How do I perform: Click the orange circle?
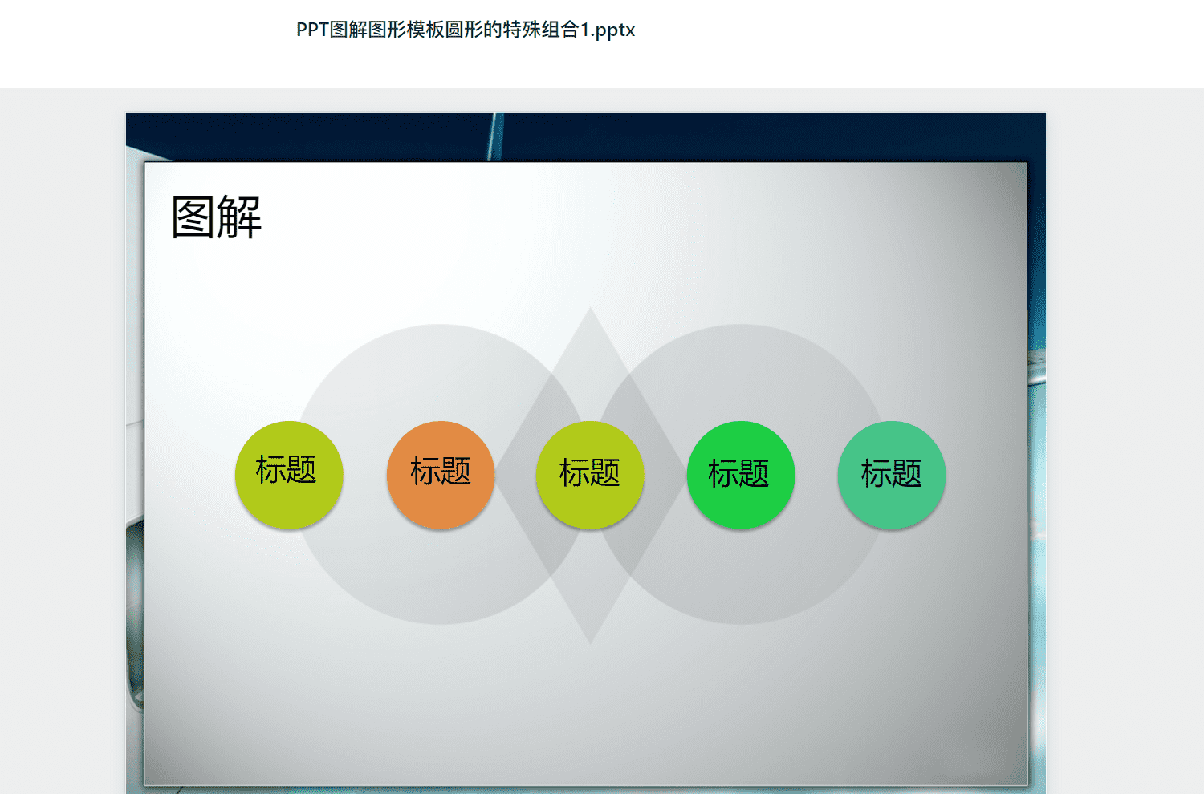(x=440, y=475)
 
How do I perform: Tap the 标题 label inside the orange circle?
(x=440, y=471)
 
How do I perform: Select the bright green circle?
(x=741, y=475)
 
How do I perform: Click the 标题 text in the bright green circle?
(x=738, y=473)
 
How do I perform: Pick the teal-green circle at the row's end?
(x=892, y=475)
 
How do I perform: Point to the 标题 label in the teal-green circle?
(x=891, y=473)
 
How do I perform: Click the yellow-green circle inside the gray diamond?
(x=590, y=475)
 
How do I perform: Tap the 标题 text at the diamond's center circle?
(x=590, y=472)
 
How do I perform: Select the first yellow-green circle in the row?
(x=289, y=475)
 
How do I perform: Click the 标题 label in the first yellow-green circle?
(x=286, y=469)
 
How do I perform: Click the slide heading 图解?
(x=216, y=217)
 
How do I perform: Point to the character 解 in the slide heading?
(x=240, y=217)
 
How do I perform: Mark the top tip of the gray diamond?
(x=590, y=307)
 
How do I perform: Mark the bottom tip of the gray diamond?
(x=590, y=643)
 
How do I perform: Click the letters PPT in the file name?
(x=312, y=30)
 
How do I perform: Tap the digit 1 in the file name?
(x=585, y=30)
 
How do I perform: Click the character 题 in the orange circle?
(x=456, y=471)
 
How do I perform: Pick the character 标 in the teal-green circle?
(x=877, y=473)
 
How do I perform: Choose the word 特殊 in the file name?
(x=522, y=30)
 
